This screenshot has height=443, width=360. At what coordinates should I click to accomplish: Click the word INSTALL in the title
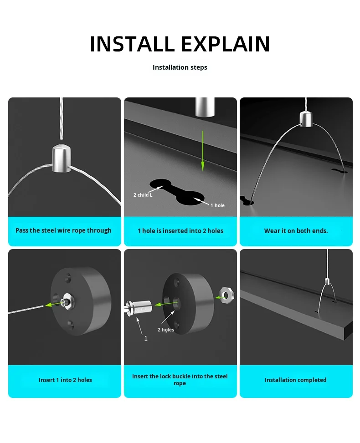[132, 44]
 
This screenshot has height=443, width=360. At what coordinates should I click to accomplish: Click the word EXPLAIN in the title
[226, 44]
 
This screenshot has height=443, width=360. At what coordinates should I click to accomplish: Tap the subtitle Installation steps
[180, 67]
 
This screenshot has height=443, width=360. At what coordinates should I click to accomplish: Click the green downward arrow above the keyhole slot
[202, 151]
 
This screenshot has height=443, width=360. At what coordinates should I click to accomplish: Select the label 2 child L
[143, 195]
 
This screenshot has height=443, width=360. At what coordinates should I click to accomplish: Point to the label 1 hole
[217, 205]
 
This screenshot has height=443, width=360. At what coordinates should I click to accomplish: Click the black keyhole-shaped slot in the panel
[177, 191]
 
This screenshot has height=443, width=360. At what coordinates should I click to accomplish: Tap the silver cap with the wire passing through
[62, 158]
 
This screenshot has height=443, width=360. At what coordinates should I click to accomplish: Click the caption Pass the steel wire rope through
[63, 230]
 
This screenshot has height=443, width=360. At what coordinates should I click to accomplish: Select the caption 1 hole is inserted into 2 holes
[180, 231]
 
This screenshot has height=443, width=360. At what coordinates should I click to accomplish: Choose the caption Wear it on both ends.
[296, 231]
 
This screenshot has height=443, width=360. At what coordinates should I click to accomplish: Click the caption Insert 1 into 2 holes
[65, 380]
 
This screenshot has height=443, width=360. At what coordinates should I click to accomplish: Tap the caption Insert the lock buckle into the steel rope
[180, 380]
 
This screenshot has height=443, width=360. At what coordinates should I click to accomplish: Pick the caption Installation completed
[296, 380]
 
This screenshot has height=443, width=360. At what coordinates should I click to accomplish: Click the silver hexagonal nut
[226, 295]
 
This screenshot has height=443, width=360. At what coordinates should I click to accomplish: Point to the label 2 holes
[166, 330]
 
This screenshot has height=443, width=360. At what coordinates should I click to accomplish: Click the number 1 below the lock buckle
[146, 339]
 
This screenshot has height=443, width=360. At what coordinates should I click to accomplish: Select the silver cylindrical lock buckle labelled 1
[139, 308]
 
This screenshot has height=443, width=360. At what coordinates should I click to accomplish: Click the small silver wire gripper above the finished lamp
[327, 281]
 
